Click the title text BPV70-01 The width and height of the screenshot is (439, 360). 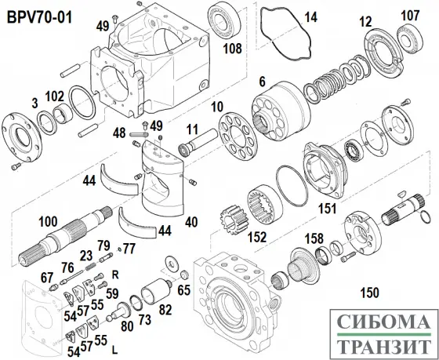[39, 17]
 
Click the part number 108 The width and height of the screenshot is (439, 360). [232, 49]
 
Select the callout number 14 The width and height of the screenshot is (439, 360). [310, 17]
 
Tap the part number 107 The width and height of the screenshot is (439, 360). [410, 16]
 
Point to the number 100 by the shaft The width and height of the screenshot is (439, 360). [48, 221]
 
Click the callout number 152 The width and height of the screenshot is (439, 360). [257, 237]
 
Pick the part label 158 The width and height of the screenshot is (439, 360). [314, 238]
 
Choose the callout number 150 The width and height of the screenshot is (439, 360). [369, 293]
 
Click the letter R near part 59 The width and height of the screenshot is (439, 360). [115, 275]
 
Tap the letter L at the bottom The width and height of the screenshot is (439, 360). [114, 350]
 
